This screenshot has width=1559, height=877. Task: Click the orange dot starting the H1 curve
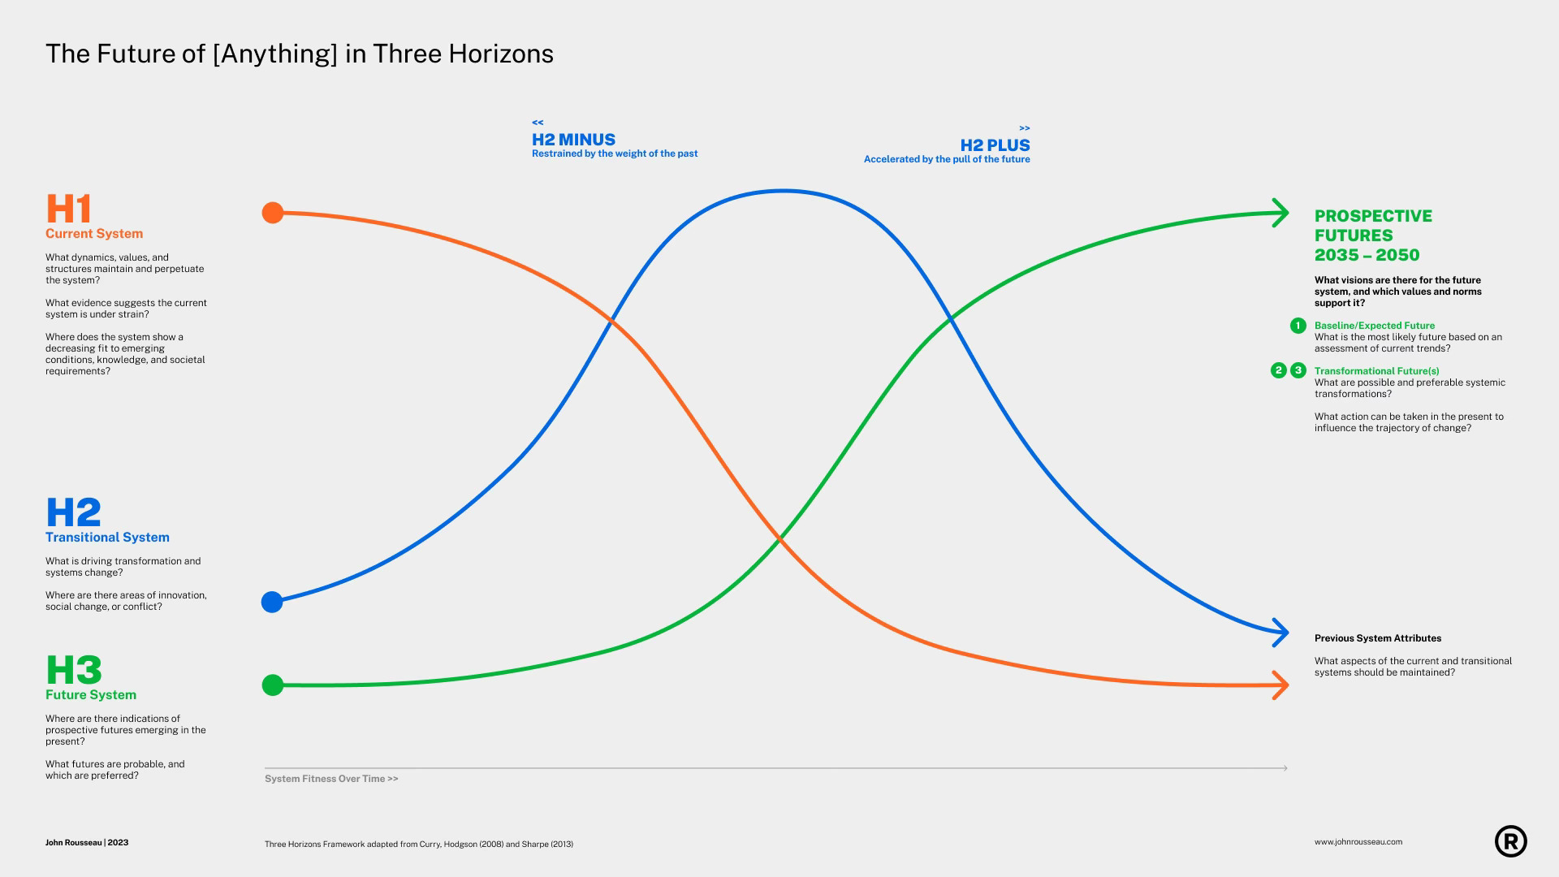pos(273,213)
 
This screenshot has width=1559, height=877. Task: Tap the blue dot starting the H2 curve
pos(272,602)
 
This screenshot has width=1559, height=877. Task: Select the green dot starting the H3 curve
pos(273,685)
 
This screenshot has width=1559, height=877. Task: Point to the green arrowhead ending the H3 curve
pos(1281,213)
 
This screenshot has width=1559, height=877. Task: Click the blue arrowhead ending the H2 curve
pos(1281,633)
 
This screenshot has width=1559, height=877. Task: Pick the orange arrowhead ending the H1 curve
pos(1281,685)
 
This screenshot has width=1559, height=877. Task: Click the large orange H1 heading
pos(69,209)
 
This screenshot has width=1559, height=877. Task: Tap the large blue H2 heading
pos(74,512)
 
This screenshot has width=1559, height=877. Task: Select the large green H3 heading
pos(74,670)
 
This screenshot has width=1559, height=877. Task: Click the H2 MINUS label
pos(573,140)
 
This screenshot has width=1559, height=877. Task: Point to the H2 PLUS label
pos(995,145)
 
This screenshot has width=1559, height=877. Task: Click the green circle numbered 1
pos(1298,326)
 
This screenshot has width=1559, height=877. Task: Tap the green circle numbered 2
pos(1278,370)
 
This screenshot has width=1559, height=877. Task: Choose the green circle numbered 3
pos(1298,370)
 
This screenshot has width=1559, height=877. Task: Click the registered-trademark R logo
pos(1510,841)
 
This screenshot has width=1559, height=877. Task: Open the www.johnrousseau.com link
pos(1358,842)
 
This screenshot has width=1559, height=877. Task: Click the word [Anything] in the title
pos(275,54)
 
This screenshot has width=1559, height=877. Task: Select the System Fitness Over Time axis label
pos(331,779)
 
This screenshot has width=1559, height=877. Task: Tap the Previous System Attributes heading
pos(1378,638)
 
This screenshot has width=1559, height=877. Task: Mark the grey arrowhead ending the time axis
pos(1285,768)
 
